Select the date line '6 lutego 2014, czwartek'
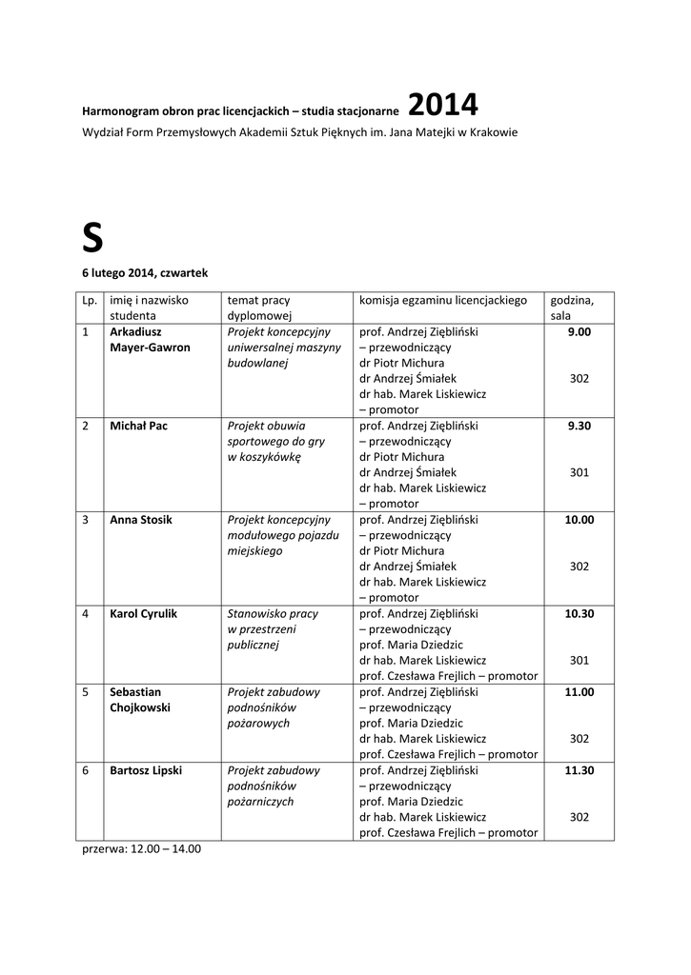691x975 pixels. pos(144,273)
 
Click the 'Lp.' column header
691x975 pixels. pos(90,300)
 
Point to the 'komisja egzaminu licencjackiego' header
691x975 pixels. pos(443,300)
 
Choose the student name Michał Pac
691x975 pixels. pos(138,426)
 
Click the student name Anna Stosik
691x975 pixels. pos(142,520)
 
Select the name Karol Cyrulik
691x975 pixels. pos(143,614)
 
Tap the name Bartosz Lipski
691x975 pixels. pos(146,770)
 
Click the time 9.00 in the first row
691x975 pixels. pos(579,332)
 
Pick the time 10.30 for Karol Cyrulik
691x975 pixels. pos(579,614)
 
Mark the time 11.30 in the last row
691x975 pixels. pos(579,770)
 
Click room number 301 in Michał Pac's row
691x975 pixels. pos(579,472)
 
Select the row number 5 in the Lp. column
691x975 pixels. pos(86,692)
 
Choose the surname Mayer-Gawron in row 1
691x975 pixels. pos(150,348)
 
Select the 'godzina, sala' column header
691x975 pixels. pos(572,308)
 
